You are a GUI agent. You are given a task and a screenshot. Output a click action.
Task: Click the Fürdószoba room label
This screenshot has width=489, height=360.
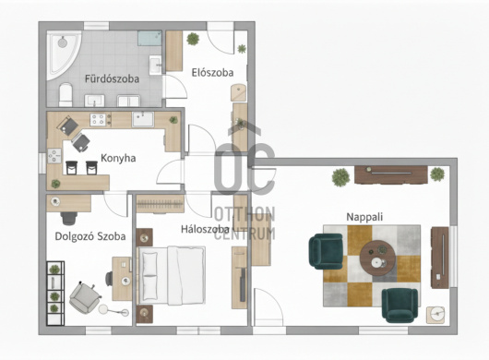112,78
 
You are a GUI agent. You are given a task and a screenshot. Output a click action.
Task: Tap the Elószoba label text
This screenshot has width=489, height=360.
212,73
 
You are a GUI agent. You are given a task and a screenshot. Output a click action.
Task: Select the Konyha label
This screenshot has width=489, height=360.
118,158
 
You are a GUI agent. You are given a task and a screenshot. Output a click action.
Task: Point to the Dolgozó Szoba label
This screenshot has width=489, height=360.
90,236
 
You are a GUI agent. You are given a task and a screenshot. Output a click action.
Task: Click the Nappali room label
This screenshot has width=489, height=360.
364,217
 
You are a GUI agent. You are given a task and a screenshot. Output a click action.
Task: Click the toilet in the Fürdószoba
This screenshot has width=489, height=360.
66,94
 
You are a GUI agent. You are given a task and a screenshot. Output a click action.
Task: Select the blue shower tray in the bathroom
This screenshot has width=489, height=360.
149,38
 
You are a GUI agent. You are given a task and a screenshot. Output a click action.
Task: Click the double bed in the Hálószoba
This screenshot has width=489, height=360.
171,275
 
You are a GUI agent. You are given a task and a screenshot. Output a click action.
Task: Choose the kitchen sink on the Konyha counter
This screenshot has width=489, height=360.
143,119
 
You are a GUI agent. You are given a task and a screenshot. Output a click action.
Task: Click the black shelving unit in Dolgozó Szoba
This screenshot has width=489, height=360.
55,294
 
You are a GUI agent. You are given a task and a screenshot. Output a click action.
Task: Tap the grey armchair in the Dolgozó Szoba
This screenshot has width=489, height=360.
85,296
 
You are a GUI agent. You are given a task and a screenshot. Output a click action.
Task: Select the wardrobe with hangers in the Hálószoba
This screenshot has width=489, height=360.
161,204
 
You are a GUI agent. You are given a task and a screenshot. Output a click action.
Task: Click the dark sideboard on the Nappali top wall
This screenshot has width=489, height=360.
391,174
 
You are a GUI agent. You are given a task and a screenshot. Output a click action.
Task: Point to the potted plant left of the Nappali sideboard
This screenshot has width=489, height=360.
340,177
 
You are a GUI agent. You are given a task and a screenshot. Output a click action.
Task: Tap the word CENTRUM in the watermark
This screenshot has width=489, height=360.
244,234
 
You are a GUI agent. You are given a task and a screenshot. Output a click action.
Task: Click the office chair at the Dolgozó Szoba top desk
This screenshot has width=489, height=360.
69,218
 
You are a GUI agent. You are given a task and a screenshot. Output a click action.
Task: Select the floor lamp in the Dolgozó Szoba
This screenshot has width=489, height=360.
113,310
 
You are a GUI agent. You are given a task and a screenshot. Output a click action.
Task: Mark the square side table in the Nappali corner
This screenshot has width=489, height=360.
435,315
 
